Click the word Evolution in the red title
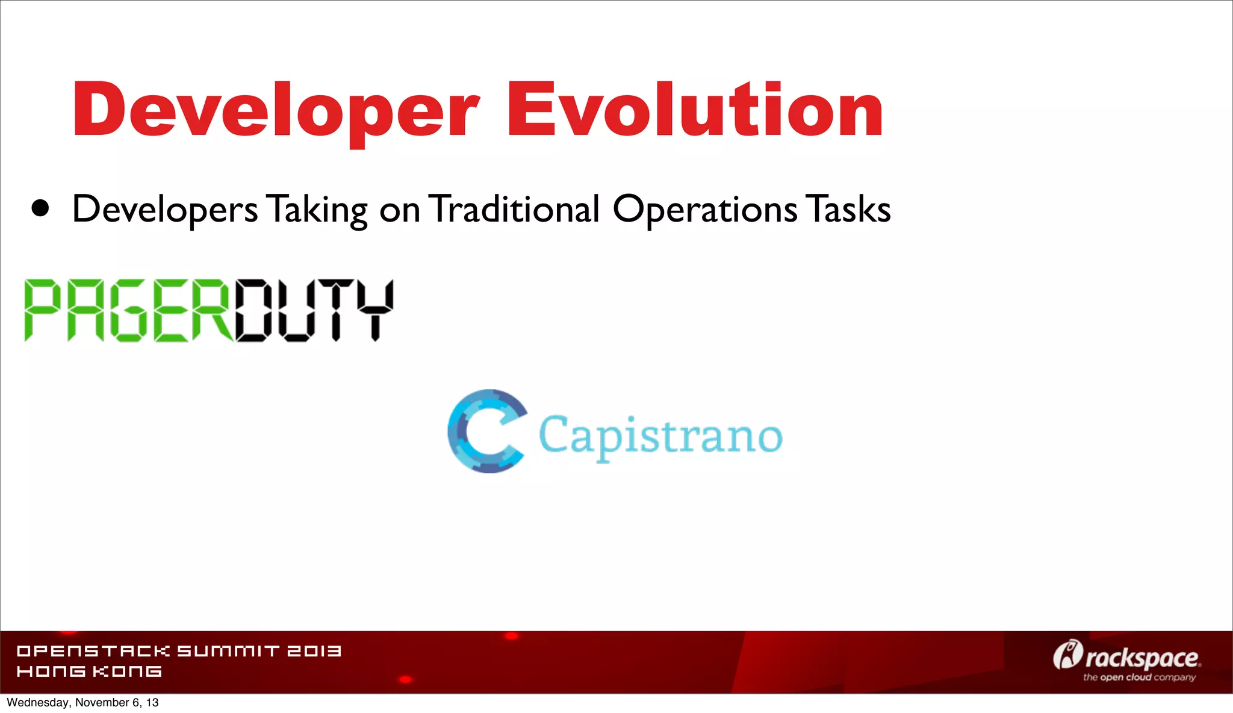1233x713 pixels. [695, 110]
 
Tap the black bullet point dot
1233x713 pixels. [40, 208]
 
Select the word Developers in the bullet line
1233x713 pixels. [165, 210]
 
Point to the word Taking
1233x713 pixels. [317, 210]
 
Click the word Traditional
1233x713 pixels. [515, 209]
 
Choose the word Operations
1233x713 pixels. [704, 210]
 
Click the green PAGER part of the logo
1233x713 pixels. [128, 311]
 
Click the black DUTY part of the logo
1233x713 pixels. [314, 311]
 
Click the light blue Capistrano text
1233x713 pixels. [660, 435]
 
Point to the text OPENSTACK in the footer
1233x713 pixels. [93, 651]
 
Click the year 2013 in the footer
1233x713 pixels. [314, 651]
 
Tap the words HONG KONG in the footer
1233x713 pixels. [89, 671]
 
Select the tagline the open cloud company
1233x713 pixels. [1139, 677]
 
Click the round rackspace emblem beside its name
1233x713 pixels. [1067, 655]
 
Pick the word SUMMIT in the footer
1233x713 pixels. [229, 651]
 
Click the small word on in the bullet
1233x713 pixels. [399, 211]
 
